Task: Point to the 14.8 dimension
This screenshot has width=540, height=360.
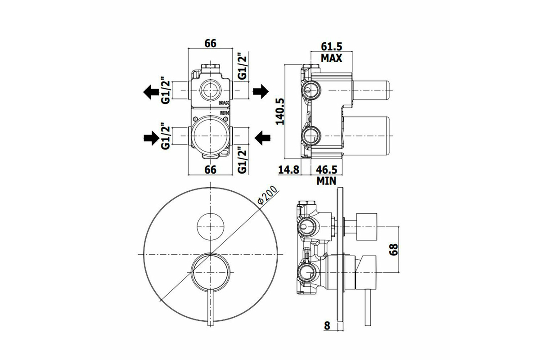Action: tap(288, 170)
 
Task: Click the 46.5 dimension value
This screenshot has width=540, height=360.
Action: tap(327, 170)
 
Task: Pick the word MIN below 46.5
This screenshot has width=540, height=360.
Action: tap(327, 181)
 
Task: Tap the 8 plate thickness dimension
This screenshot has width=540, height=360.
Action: tap(328, 326)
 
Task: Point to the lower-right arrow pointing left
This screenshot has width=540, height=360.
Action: tap(261, 138)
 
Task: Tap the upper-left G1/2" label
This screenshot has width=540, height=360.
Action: tap(166, 91)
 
